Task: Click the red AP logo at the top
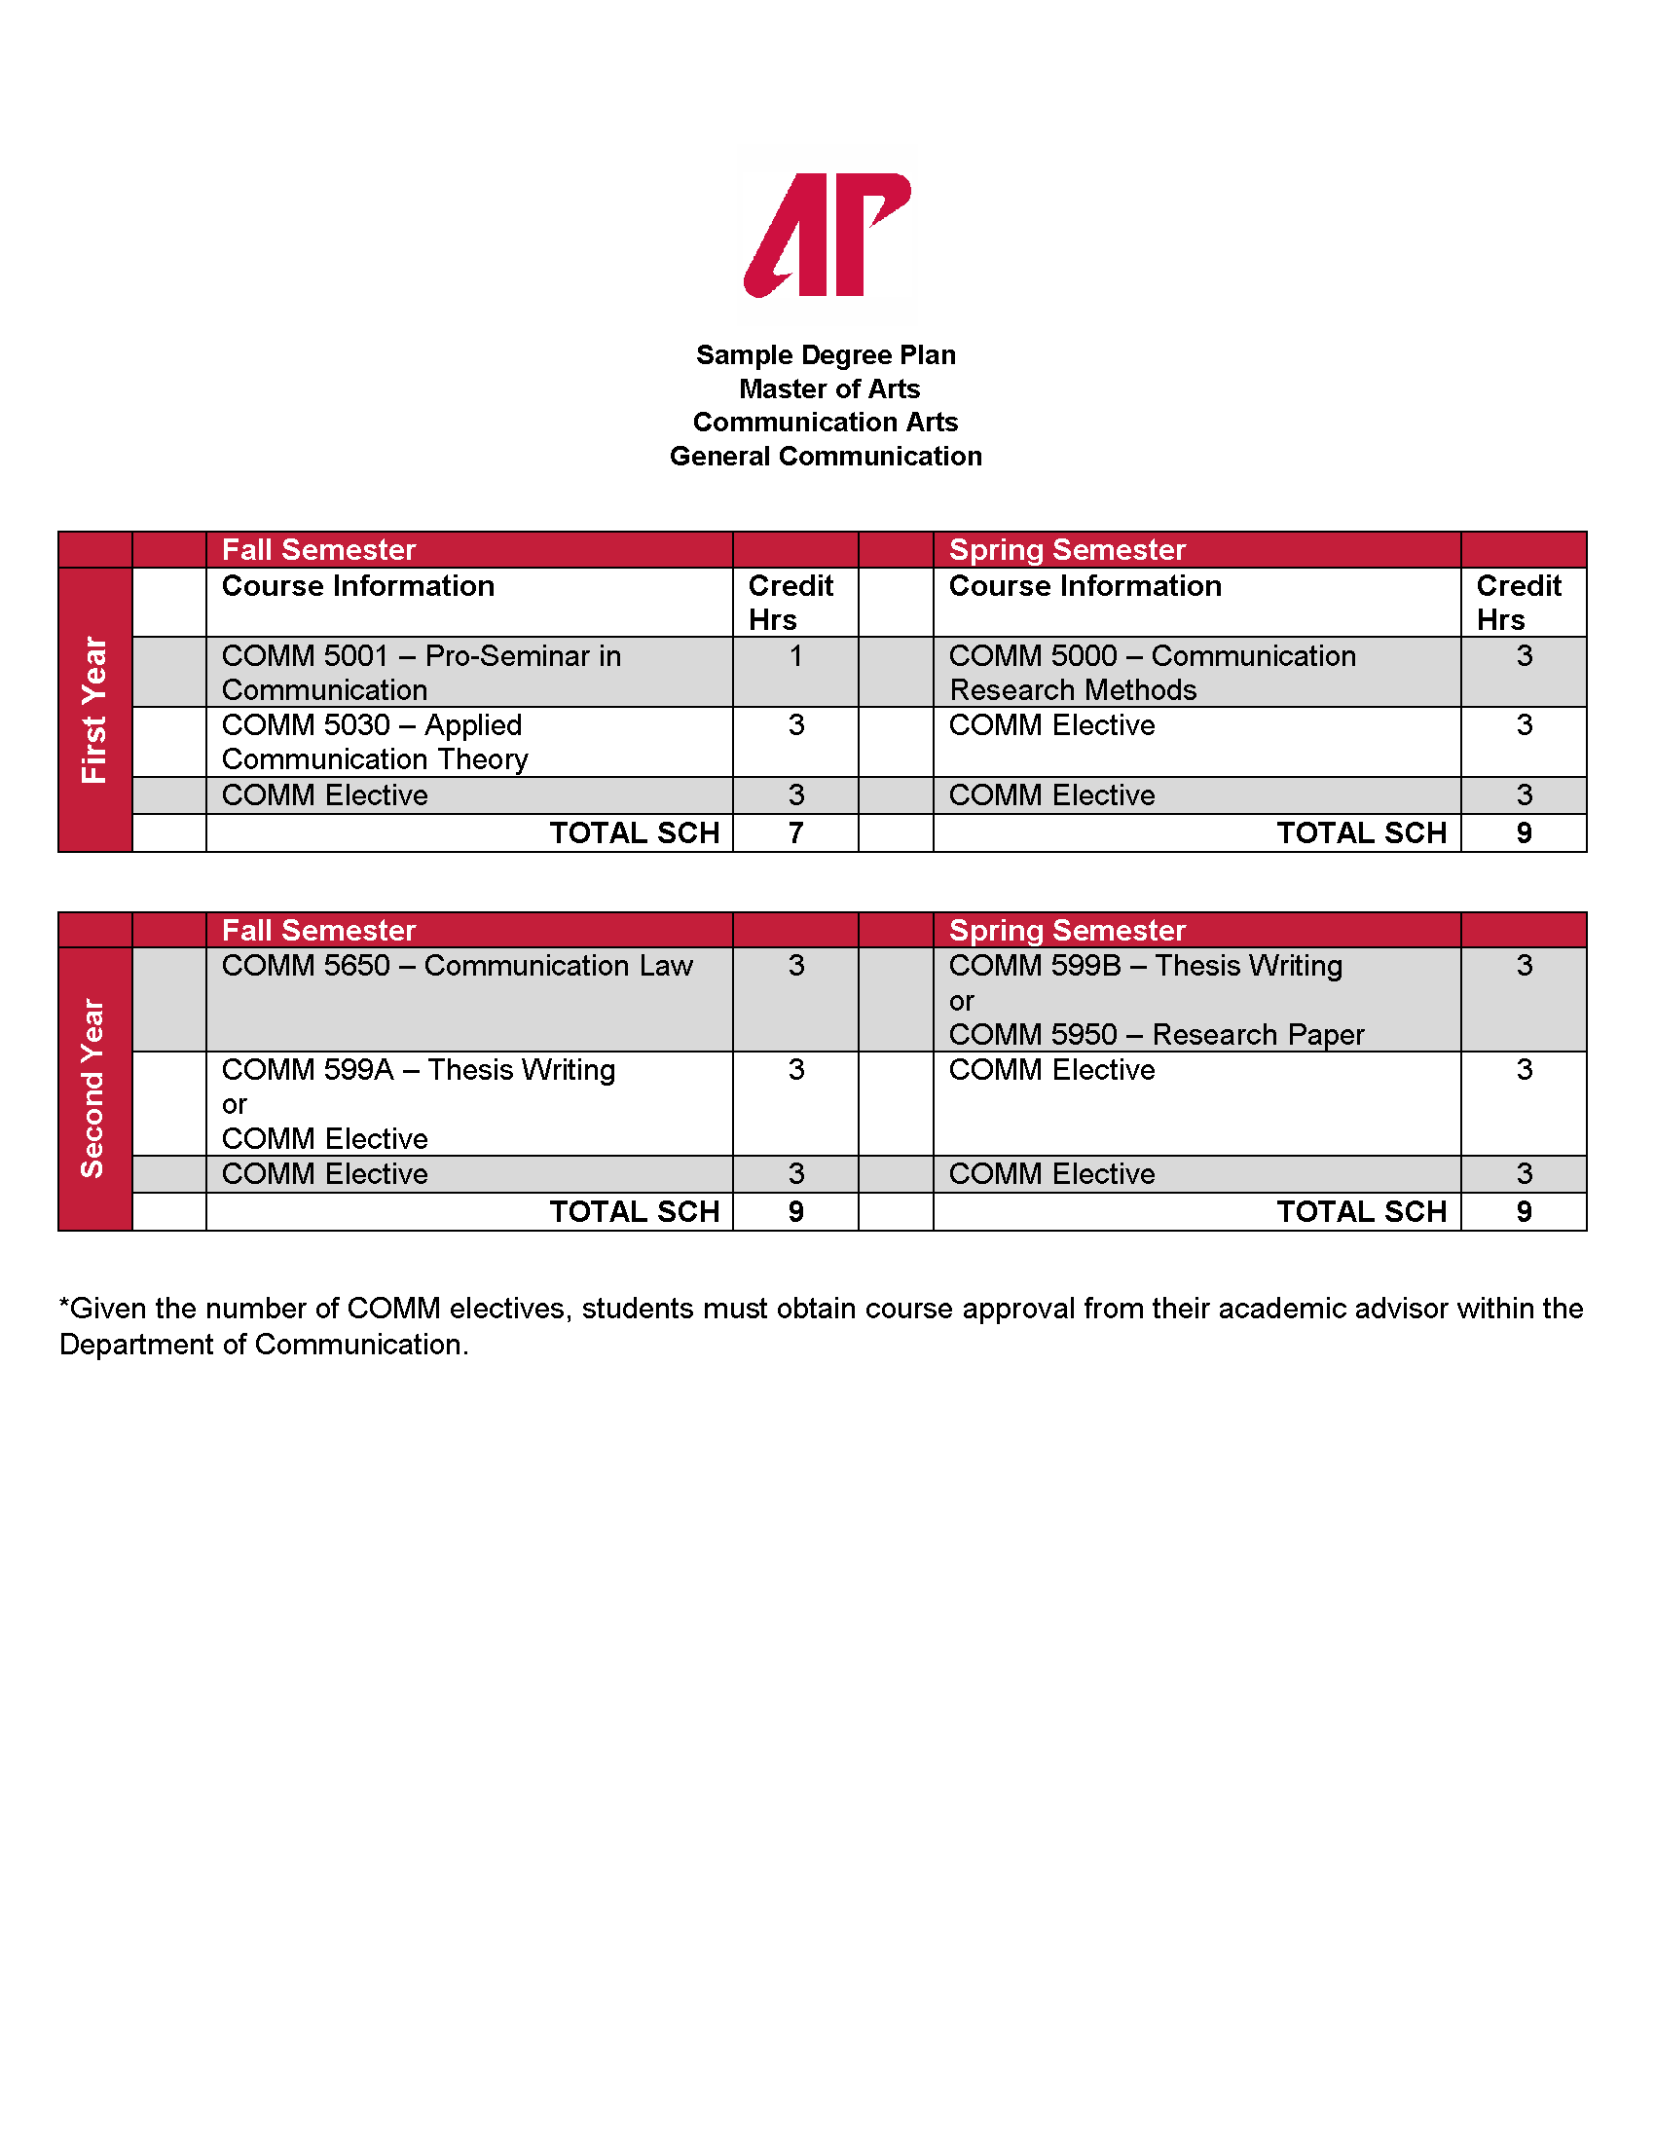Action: coord(827,236)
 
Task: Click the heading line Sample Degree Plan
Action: coord(826,355)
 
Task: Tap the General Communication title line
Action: coord(826,456)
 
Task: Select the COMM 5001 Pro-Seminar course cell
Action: coord(422,672)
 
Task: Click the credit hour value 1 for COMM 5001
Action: coord(796,656)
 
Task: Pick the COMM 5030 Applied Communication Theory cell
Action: coord(375,742)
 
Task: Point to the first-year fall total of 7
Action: coord(796,832)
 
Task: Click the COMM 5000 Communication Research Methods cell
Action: coord(1152,672)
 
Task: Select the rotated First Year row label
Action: coord(94,709)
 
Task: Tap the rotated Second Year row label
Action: coord(92,1088)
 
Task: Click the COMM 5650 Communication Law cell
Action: coord(457,966)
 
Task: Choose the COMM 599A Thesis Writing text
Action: coord(419,1070)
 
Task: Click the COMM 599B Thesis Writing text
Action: coord(1145,966)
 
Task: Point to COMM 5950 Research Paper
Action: coord(1156,1035)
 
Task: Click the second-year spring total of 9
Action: coord(1524,1212)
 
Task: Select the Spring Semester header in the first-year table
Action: coord(1067,549)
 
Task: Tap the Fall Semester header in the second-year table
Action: coord(318,930)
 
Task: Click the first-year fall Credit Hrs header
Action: coord(791,602)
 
